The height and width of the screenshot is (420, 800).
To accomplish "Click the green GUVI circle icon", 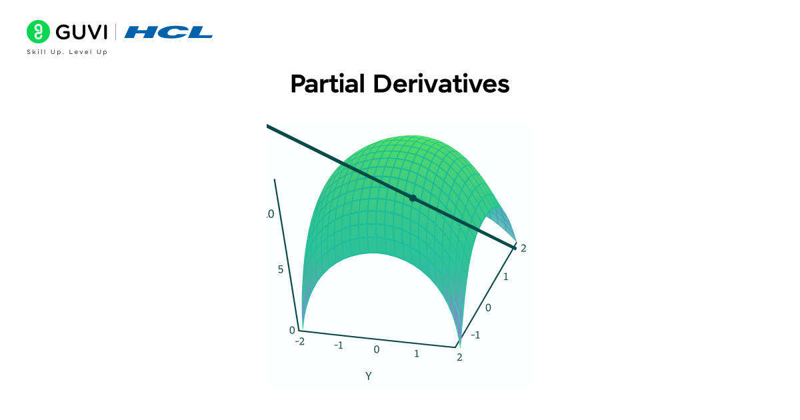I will coord(38,31).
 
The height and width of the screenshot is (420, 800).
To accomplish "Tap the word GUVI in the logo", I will coord(81,32).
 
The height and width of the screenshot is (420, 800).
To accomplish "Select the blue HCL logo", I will coord(169,32).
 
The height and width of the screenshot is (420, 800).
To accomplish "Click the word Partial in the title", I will coord(328,85).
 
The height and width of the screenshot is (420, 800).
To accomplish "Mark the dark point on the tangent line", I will coord(413,198).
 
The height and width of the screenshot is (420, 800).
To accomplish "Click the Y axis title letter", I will coord(368,376).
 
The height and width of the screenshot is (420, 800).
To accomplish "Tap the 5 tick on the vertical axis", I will coord(281,269).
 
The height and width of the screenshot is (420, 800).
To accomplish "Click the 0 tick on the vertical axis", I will coord(291,330).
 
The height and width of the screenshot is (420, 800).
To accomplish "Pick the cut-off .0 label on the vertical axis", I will coord(270,215).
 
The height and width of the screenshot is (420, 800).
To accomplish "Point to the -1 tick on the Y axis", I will coord(339,345).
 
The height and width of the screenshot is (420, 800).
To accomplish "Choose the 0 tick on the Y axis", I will coord(377,349).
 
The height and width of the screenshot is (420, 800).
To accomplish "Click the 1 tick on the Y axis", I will coord(417,353).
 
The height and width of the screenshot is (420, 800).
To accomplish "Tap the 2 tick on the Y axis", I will coord(459,357).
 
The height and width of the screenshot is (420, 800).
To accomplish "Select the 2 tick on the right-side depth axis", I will coord(523,248).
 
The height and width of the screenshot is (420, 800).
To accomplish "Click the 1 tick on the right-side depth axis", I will coord(505,276).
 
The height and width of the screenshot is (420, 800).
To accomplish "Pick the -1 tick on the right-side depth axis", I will coord(475,335).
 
